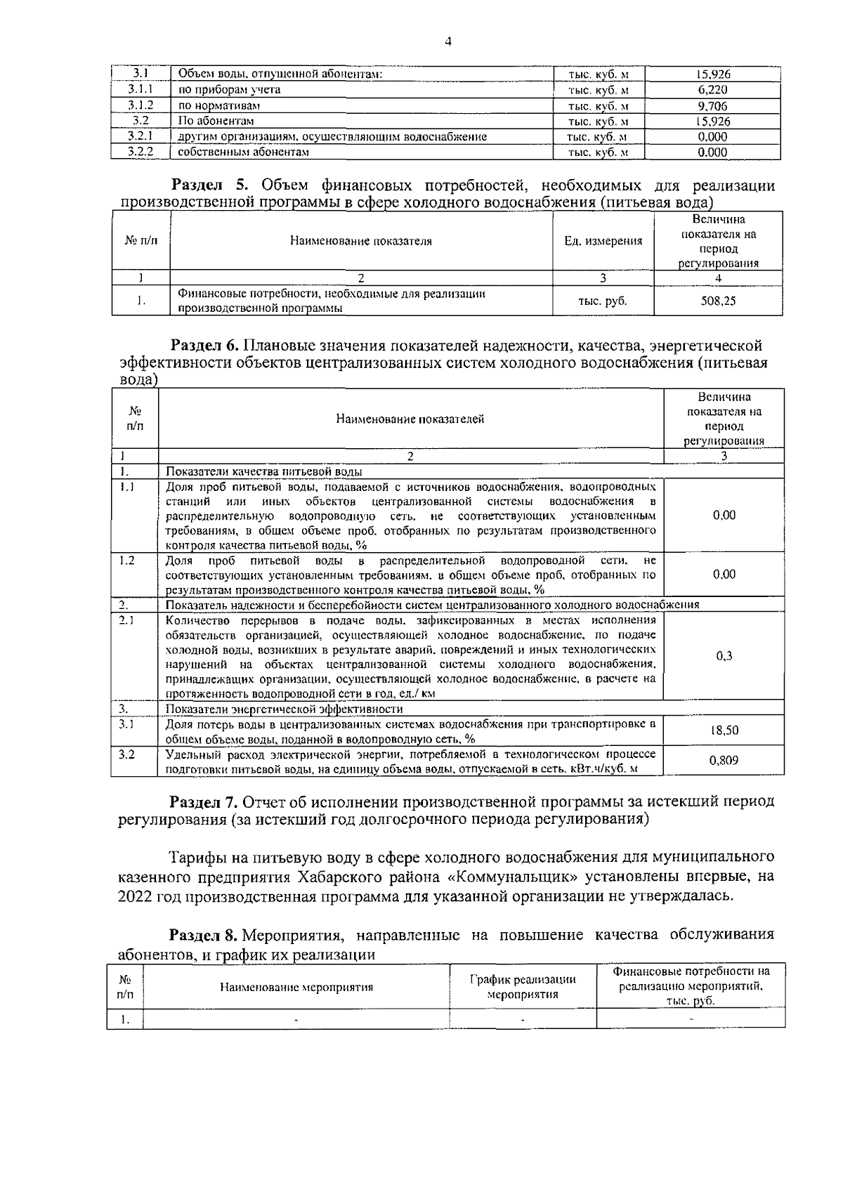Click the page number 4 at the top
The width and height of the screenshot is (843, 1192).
tap(448, 41)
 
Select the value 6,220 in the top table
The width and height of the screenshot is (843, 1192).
tap(712, 90)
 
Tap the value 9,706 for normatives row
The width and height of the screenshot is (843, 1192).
tap(712, 106)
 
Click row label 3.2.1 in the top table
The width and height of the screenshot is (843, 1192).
tap(140, 136)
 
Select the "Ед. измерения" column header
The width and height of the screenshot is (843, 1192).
tap(603, 241)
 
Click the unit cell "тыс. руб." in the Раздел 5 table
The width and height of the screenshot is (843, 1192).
tap(602, 301)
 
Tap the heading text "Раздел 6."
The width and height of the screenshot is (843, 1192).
tap(206, 346)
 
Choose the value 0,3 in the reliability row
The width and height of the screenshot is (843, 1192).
tap(724, 656)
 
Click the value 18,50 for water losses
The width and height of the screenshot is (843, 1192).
tap(724, 731)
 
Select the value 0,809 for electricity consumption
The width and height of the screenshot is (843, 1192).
tap(724, 760)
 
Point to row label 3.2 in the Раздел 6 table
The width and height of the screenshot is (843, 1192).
tap(127, 754)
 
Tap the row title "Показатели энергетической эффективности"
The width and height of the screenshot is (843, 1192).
tap(284, 709)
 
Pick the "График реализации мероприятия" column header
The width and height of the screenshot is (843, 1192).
tap(523, 987)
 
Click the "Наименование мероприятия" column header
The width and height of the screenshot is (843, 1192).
tap(296, 987)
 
